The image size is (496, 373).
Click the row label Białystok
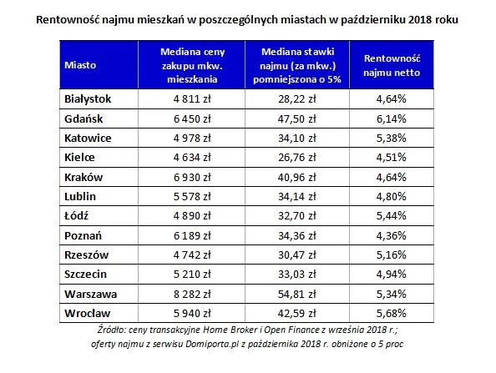(88, 99)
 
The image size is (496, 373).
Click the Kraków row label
(84, 177)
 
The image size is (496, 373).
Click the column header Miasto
(80, 63)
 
